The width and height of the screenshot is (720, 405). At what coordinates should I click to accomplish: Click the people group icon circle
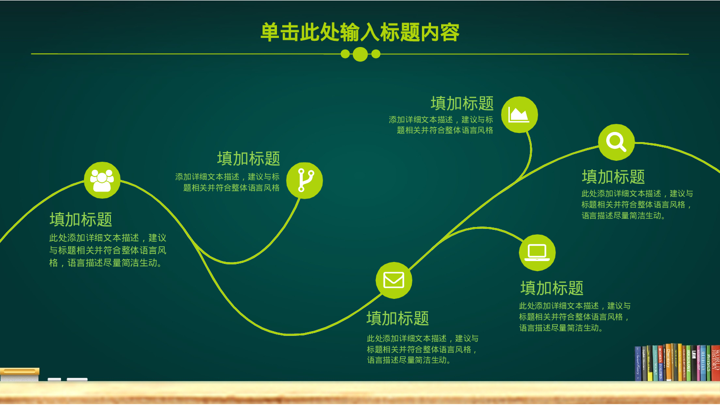102,180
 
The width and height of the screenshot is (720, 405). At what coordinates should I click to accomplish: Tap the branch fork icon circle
304,180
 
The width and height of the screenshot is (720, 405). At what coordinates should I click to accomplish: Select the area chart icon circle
519,115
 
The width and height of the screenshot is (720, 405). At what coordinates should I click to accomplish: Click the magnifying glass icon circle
616,142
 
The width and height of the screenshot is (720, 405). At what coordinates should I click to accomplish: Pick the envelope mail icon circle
394,280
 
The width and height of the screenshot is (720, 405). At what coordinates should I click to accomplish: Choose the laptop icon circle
537,252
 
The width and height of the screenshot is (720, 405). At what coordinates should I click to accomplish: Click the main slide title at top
360,33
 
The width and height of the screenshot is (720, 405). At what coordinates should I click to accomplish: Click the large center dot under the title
360,54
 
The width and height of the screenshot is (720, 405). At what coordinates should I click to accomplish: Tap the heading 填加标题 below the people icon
81,219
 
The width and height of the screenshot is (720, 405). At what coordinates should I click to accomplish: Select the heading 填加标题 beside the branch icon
248,158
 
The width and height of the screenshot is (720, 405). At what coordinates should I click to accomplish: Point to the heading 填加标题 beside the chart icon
462,103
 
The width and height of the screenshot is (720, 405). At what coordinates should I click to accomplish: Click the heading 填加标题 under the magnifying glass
613,177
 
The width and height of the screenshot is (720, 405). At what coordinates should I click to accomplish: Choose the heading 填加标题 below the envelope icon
397,318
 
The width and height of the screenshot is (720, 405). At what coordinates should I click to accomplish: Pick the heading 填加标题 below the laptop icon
552,288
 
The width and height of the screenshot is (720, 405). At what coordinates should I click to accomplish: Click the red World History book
716,363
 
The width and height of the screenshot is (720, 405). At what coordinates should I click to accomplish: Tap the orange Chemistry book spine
668,363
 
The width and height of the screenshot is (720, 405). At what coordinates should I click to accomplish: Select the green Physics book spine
708,364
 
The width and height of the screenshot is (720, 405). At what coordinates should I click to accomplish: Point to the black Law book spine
694,364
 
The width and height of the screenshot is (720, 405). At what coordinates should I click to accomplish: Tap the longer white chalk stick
77,380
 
